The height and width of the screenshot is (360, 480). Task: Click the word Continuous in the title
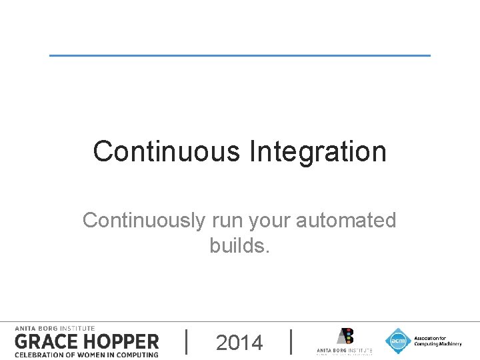pyautogui.click(x=167, y=151)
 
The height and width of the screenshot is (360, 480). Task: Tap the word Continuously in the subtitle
pyautogui.click(x=143, y=220)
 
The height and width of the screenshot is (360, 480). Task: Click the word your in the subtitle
pyautogui.click(x=270, y=220)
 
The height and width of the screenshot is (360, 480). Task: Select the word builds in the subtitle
pyautogui.click(x=237, y=245)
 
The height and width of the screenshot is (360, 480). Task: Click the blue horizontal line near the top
pyautogui.click(x=240, y=55)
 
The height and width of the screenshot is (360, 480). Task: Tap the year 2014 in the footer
pyautogui.click(x=239, y=343)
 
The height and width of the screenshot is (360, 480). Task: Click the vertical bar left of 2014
pyautogui.click(x=186, y=342)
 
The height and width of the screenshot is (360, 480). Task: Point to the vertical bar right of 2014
pyautogui.click(x=292, y=342)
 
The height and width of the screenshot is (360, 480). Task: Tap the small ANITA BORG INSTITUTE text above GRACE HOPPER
pyautogui.click(x=55, y=328)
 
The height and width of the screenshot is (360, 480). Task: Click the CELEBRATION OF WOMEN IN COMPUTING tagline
pyautogui.click(x=87, y=354)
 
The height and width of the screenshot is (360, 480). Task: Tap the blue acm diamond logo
pyautogui.click(x=398, y=341)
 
